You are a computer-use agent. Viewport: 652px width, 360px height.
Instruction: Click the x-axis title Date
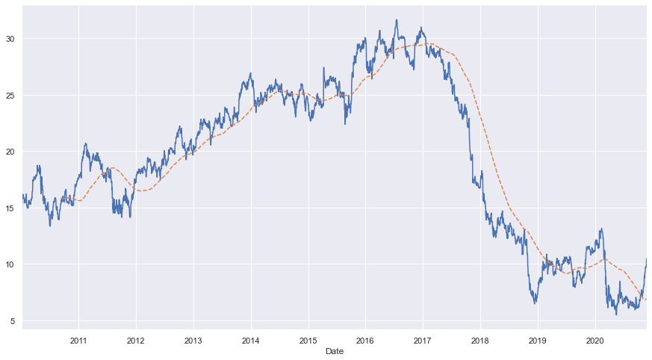(334, 351)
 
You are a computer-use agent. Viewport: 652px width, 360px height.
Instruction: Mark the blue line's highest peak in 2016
(397, 20)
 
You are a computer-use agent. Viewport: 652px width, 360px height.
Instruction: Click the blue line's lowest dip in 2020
(617, 314)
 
